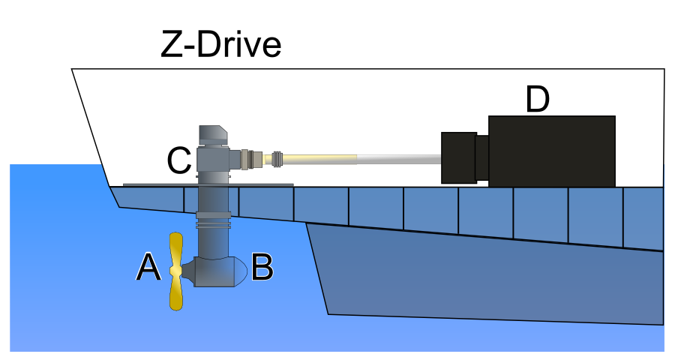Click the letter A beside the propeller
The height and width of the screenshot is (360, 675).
pyautogui.click(x=148, y=268)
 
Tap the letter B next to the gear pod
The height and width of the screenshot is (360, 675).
pyautogui.click(x=262, y=268)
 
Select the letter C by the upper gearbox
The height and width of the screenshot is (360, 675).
pyautogui.click(x=178, y=160)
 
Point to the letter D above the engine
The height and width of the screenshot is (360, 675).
pyautogui.click(x=537, y=100)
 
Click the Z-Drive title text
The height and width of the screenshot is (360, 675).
pyautogui.click(x=221, y=46)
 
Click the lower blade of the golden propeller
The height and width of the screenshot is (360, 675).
pyautogui.click(x=176, y=293)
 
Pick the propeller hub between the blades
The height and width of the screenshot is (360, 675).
pyautogui.click(x=176, y=271)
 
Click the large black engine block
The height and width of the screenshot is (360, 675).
pyautogui.click(x=551, y=151)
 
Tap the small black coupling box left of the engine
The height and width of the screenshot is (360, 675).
pyautogui.click(x=459, y=157)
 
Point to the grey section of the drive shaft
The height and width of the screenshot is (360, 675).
pyautogui.click(x=397, y=158)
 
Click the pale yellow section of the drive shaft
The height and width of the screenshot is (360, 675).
pyautogui.click(x=322, y=158)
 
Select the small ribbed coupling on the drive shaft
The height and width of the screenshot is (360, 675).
pyautogui.click(x=277, y=158)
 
